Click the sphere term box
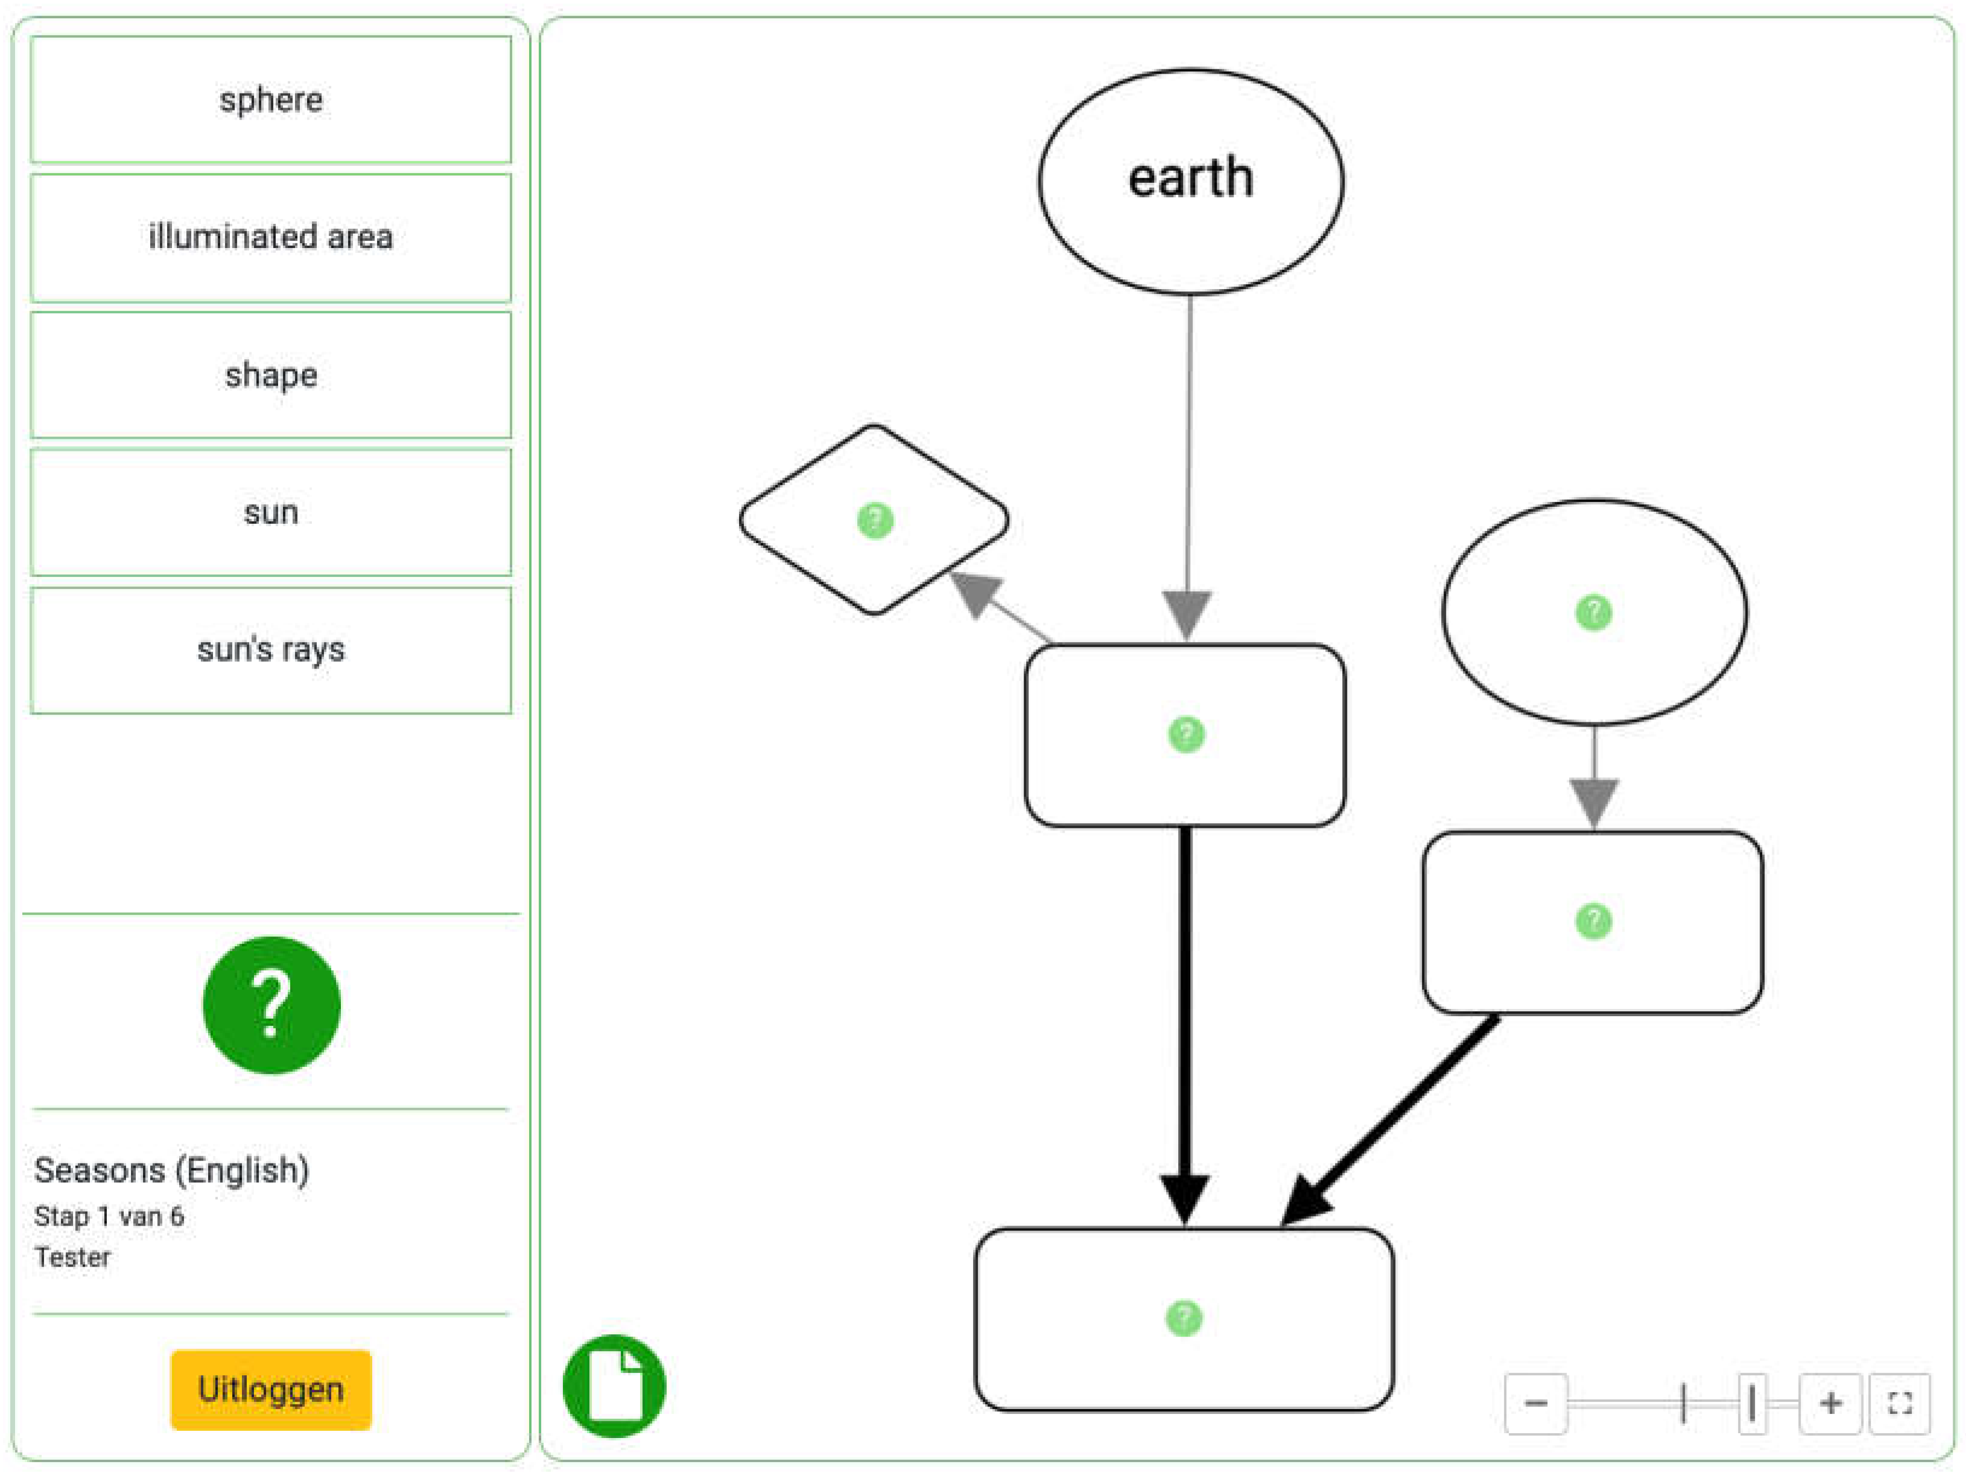point(271,100)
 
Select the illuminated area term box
point(271,237)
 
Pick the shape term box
point(271,375)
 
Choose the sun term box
point(271,513)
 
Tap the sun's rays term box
point(271,650)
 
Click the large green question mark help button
point(271,1005)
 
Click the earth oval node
point(1190,182)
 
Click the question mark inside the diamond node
point(875,520)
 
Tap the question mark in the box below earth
point(1185,734)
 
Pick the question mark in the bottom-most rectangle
point(1183,1319)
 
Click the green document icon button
point(614,1386)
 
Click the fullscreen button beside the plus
point(1900,1404)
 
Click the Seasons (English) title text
point(171,1170)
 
